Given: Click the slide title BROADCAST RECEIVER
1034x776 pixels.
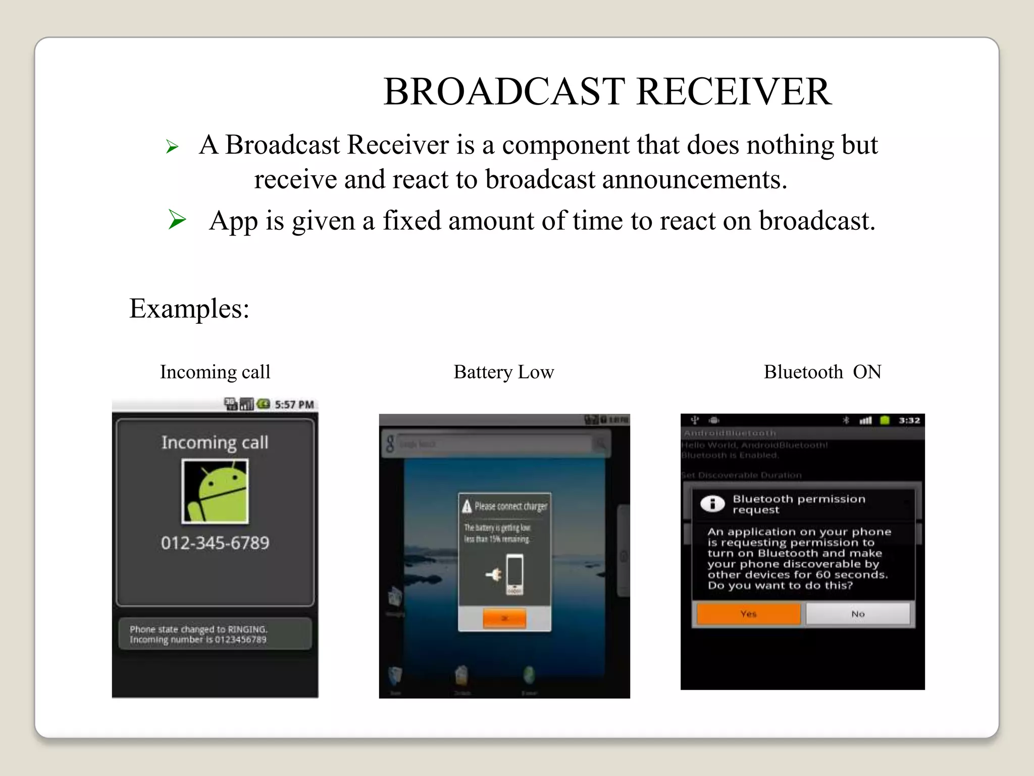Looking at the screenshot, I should coord(607,92).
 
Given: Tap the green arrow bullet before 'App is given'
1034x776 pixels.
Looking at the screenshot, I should coord(177,220).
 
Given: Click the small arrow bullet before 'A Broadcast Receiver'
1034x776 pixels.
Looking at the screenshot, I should coord(172,147).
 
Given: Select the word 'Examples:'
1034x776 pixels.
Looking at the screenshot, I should coord(189,308).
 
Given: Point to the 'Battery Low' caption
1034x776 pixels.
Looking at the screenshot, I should coord(503,372).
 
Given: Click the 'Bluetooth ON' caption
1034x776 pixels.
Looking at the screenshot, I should coord(822,372).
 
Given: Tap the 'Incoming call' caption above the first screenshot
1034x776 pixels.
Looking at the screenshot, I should coord(215,372).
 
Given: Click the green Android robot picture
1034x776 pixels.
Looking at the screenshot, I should coord(215,491).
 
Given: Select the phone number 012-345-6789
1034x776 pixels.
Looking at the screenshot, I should coord(215,543).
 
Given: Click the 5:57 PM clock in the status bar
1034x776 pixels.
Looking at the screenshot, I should coord(294,405).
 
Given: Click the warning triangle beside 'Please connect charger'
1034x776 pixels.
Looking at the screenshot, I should coord(467,506).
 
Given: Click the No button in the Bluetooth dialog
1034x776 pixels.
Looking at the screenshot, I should coord(858,614).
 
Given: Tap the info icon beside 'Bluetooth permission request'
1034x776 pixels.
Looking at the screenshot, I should coord(712,503).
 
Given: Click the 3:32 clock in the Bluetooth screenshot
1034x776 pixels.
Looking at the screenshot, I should coord(909,420).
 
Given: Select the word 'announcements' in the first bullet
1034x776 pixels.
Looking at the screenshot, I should coord(691,180).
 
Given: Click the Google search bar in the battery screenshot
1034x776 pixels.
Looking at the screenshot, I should coord(495,444).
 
